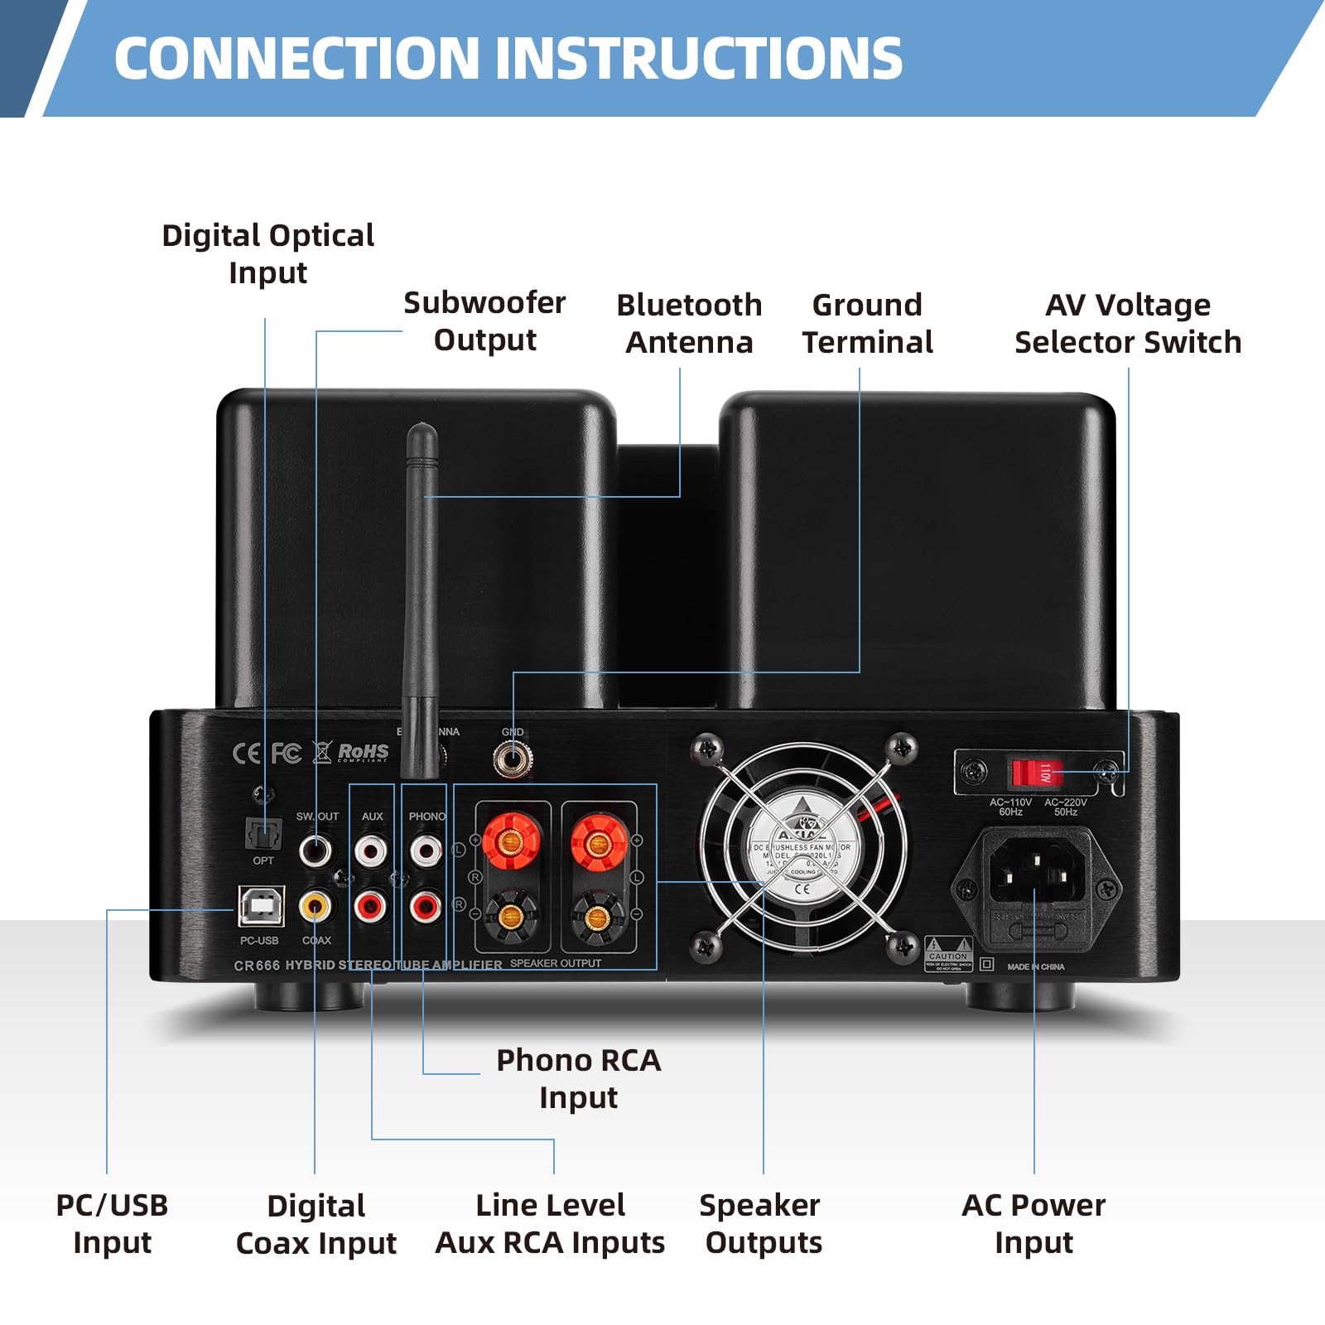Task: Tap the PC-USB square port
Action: [261, 906]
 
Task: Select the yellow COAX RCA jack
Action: [316, 905]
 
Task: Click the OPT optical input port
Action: [263, 833]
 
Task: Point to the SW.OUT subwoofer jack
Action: [316, 850]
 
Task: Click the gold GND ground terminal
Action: [513, 758]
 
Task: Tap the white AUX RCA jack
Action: [370, 850]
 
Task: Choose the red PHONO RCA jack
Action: [426, 906]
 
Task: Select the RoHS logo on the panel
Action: [363, 752]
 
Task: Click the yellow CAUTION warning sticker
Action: [948, 954]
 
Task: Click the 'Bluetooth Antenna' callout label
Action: [689, 324]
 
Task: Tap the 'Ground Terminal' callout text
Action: [867, 324]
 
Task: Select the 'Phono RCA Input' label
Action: [578, 1078]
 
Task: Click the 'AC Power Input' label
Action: [1033, 1223]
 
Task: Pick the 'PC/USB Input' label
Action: [112, 1223]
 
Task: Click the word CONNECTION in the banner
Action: [296, 59]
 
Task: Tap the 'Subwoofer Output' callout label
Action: [484, 321]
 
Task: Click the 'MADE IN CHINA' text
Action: [1035, 966]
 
